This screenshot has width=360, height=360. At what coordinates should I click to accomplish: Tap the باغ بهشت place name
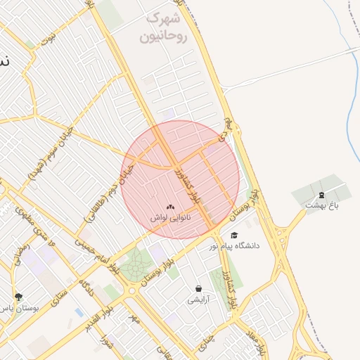pos(322,205)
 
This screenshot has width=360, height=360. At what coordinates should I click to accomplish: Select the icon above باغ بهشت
pos(322,194)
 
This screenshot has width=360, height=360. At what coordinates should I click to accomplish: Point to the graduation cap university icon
pos(234,235)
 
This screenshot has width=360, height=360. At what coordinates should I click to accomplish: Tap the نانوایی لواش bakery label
pos(170,219)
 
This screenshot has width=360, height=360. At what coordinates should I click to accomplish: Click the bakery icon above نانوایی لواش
pos(170,207)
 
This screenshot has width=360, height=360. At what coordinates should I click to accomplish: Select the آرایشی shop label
pos(198,300)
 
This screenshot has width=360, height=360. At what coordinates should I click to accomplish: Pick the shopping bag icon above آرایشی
pos(198,288)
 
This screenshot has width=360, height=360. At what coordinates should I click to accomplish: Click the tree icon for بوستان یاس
pos(18,297)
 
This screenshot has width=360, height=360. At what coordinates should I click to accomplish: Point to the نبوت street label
pos(48,39)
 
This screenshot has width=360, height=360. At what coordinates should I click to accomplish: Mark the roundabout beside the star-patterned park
pos(131,290)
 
